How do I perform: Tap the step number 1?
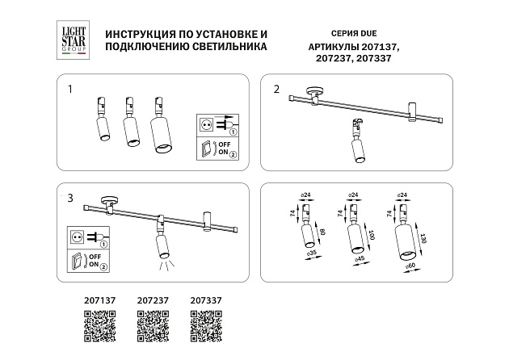[x=70, y=89]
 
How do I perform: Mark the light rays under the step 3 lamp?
[x=164, y=266]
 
